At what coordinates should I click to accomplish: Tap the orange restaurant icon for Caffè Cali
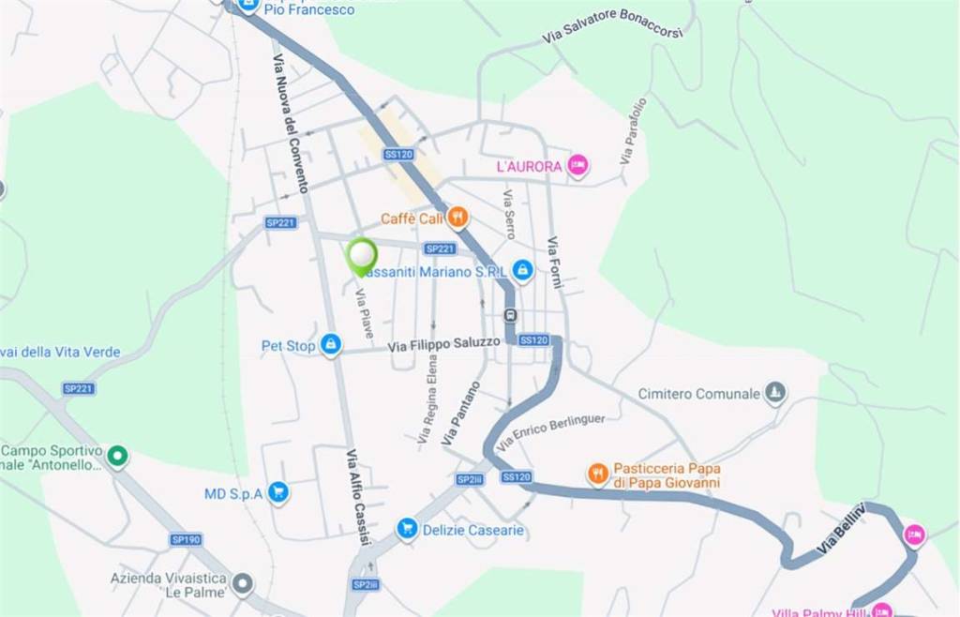pos(457,218)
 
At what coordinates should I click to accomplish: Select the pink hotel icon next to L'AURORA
pos(577,166)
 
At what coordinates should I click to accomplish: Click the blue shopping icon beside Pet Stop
pos(330,345)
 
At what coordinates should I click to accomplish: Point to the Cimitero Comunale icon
pos(774,393)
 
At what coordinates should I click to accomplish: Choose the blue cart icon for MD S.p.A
pos(277,493)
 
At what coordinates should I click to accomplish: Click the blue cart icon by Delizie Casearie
pos(407,530)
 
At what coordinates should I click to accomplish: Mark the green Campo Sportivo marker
pos(117,457)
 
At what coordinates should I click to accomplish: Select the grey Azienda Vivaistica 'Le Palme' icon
pos(243,585)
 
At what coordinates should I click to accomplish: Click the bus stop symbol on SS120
pos(510,315)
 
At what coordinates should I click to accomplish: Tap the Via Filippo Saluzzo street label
pos(444,344)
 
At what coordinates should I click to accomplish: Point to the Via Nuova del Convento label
pos(291,123)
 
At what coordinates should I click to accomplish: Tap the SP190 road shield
pos(186,539)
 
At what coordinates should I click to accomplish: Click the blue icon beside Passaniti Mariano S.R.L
pos(523,271)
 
